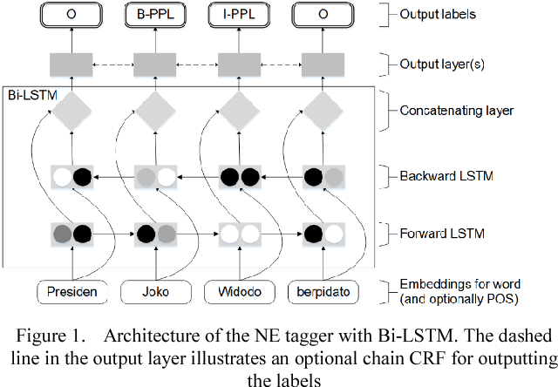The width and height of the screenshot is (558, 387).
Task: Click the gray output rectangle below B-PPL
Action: (149, 64)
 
